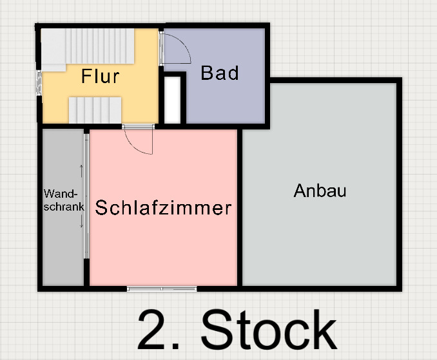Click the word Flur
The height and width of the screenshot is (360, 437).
click(101, 76)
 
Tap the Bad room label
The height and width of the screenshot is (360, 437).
click(220, 73)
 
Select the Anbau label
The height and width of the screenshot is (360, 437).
click(320, 191)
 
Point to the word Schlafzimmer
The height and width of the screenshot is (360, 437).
click(163, 208)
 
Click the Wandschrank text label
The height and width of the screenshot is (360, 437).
click(64, 200)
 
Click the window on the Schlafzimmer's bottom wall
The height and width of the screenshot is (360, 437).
click(162, 289)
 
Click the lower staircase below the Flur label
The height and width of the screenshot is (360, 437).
click(95, 109)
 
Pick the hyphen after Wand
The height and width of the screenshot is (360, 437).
click(76, 194)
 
